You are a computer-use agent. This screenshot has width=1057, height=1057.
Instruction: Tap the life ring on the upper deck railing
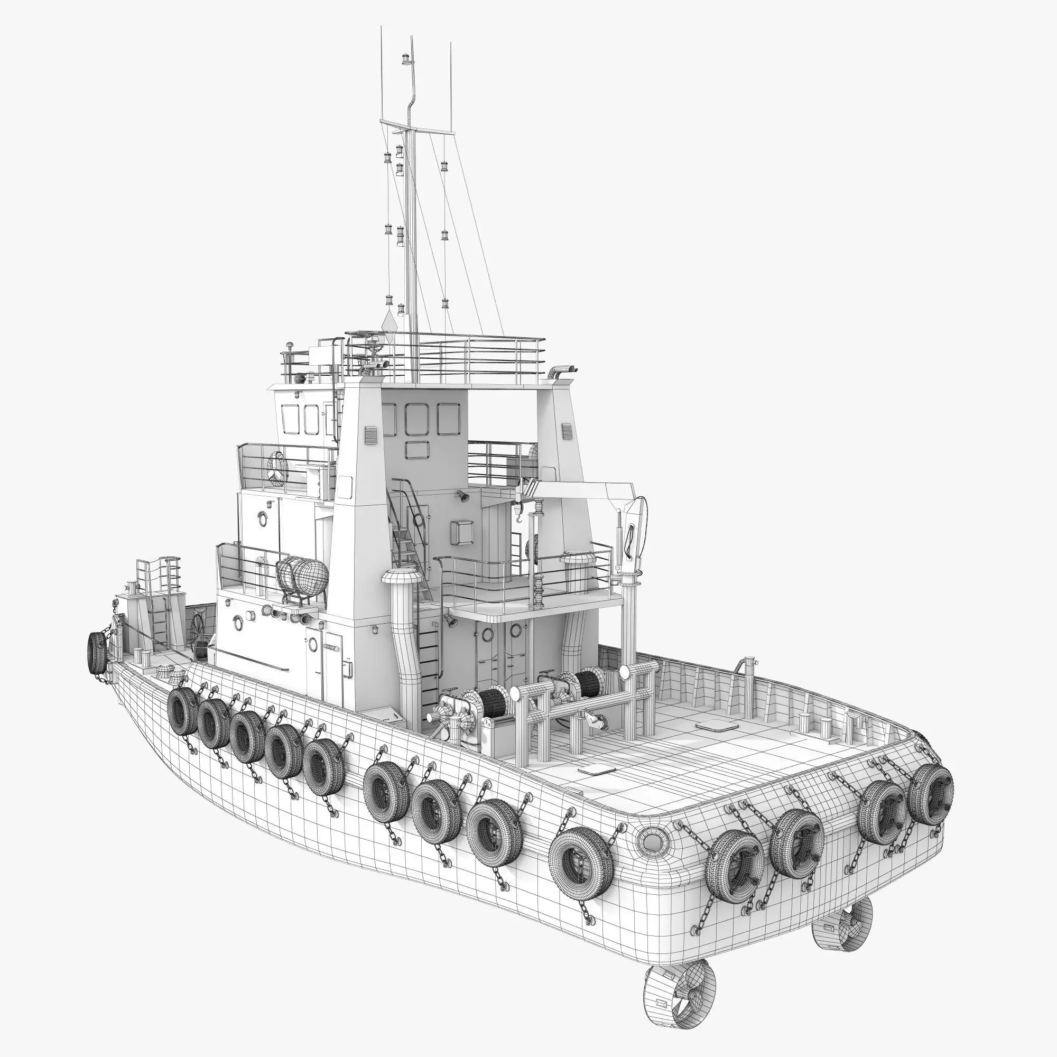[278, 468]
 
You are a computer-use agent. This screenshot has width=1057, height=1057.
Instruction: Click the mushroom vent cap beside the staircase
[400, 578]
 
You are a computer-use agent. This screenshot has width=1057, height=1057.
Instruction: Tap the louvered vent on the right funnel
[567, 431]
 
